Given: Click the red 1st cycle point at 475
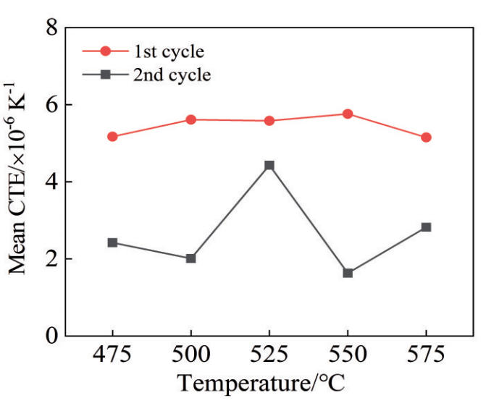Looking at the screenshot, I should pyautogui.click(x=112, y=136).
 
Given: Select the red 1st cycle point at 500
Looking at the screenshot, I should pyautogui.click(x=191, y=119).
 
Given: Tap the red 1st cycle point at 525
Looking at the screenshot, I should pyautogui.click(x=269, y=121).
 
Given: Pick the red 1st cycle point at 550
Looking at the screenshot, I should pyautogui.click(x=348, y=114).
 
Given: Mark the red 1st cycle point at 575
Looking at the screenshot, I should pyautogui.click(x=426, y=137).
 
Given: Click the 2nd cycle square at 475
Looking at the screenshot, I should pyautogui.click(x=112, y=242).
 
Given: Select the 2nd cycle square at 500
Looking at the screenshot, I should pyautogui.click(x=191, y=258).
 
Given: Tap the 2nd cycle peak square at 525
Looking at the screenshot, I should pyautogui.click(x=269, y=166).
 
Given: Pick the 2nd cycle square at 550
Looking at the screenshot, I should pyautogui.click(x=348, y=273).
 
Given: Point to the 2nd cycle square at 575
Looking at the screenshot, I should pyautogui.click(x=426, y=227).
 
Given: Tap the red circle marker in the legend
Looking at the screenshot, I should pyautogui.click(x=106, y=52).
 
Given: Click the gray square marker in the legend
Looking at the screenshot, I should pyautogui.click(x=106, y=75).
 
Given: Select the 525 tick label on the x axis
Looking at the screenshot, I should pyautogui.click(x=269, y=356).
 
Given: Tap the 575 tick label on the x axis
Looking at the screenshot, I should pyautogui.click(x=426, y=356).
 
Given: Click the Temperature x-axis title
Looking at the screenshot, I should pyautogui.click(x=261, y=384).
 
